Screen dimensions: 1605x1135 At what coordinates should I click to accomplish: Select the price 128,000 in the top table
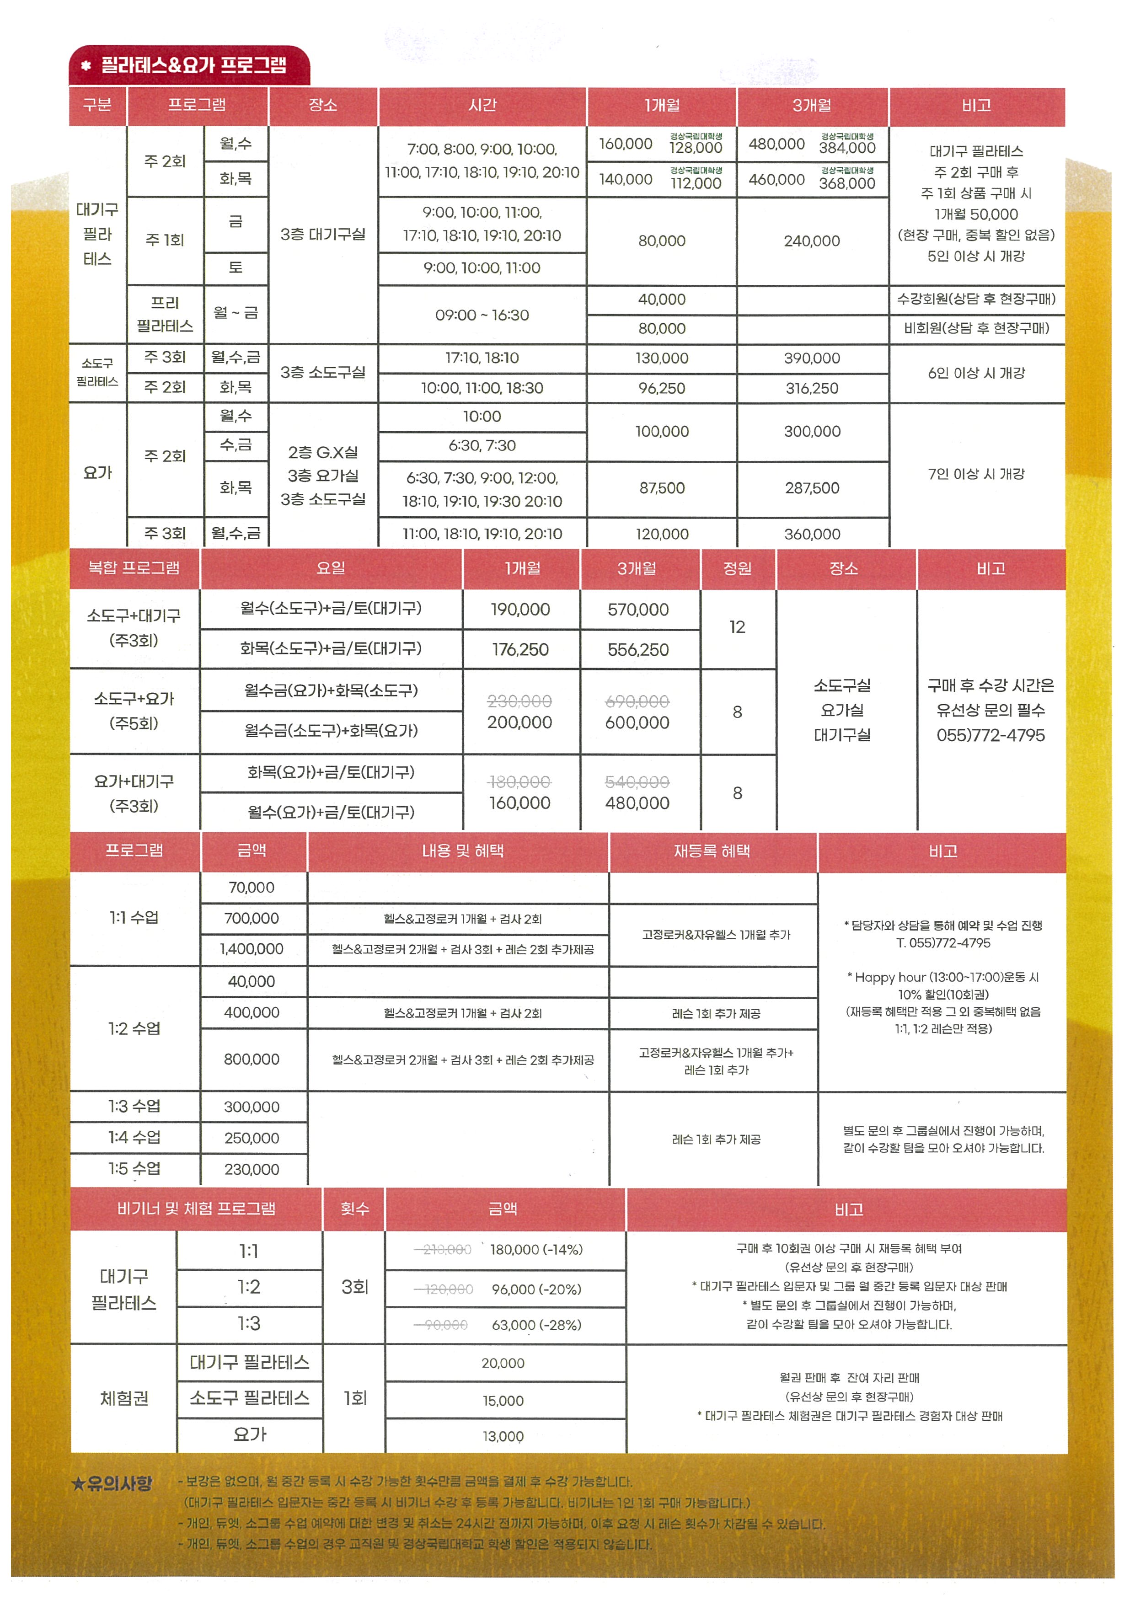696,148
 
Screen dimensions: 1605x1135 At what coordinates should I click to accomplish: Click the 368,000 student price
847,183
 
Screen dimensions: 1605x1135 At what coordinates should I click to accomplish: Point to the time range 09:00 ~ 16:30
482,315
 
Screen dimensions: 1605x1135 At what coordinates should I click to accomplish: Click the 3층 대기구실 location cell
323,234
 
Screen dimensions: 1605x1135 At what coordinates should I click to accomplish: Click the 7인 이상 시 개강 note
976,474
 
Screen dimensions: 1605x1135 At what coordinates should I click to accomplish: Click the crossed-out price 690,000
637,701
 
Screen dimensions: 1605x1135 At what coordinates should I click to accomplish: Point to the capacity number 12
737,627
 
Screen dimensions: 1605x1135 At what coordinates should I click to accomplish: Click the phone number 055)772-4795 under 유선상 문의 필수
990,735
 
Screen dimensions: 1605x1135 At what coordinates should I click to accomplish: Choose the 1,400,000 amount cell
252,949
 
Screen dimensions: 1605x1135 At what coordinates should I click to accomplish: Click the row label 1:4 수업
134,1137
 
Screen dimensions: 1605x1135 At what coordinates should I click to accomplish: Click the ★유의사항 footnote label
112,1483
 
